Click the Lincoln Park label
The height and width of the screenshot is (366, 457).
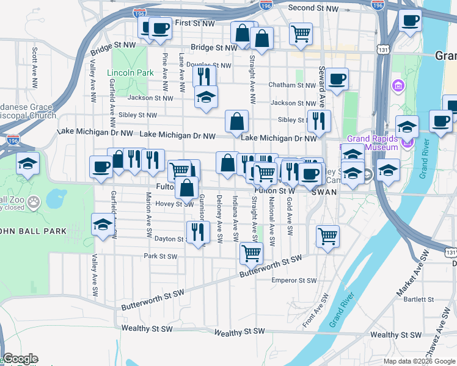pyautogui.click(x=130, y=73)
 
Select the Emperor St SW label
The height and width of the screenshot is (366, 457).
pyautogui.click(x=294, y=281)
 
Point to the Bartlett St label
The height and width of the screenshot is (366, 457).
pyautogui.click(x=418, y=300)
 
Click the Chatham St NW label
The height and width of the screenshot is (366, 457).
pyautogui.click(x=291, y=85)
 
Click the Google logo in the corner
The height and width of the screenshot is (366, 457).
pyautogui.click(x=20, y=359)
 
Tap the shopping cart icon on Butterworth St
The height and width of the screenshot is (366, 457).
pyautogui.click(x=252, y=252)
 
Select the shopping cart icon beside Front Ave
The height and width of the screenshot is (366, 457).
pyautogui.click(x=328, y=235)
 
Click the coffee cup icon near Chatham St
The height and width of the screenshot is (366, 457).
pyautogui.click(x=337, y=78)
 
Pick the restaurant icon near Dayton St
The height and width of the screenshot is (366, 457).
pyautogui.click(x=197, y=232)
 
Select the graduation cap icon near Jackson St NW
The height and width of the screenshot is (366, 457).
pyautogui.click(x=207, y=96)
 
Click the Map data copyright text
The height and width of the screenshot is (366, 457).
pyautogui.click(x=419, y=361)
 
